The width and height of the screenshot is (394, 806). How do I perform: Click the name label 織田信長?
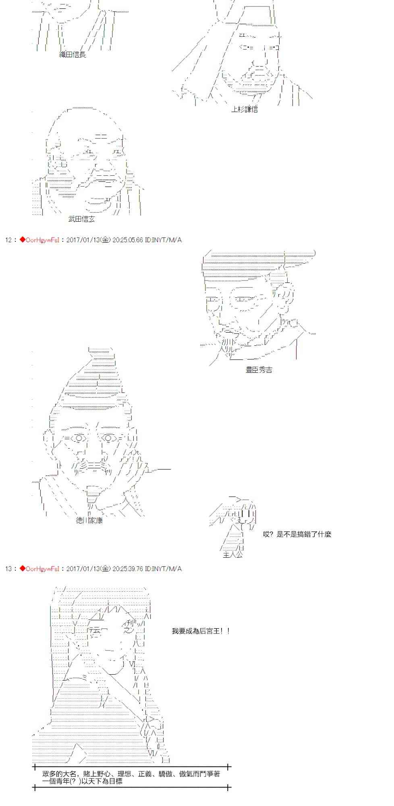click(73, 54)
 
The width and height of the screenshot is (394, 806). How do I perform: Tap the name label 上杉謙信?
click(244, 109)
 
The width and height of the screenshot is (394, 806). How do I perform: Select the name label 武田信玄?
click(82, 219)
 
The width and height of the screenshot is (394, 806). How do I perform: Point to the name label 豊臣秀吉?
click(259, 370)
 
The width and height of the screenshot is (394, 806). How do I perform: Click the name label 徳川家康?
click(89, 520)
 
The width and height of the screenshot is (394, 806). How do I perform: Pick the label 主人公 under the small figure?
click(233, 555)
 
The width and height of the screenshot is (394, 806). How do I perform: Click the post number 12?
click(8, 240)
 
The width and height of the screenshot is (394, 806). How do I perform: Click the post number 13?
click(8, 569)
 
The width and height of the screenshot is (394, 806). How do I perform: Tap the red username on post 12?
click(39, 240)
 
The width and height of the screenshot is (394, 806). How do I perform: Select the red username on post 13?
click(39, 569)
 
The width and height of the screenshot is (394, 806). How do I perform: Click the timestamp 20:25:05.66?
click(128, 240)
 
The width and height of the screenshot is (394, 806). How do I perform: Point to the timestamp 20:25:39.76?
click(128, 569)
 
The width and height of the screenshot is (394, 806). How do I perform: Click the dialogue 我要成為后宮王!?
click(201, 631)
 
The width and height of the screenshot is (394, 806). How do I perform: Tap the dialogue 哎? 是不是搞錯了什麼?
click(297, 534)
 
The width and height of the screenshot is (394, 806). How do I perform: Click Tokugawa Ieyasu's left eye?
click(79, 438)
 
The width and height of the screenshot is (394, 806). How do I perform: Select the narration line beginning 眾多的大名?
click(131, 774)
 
